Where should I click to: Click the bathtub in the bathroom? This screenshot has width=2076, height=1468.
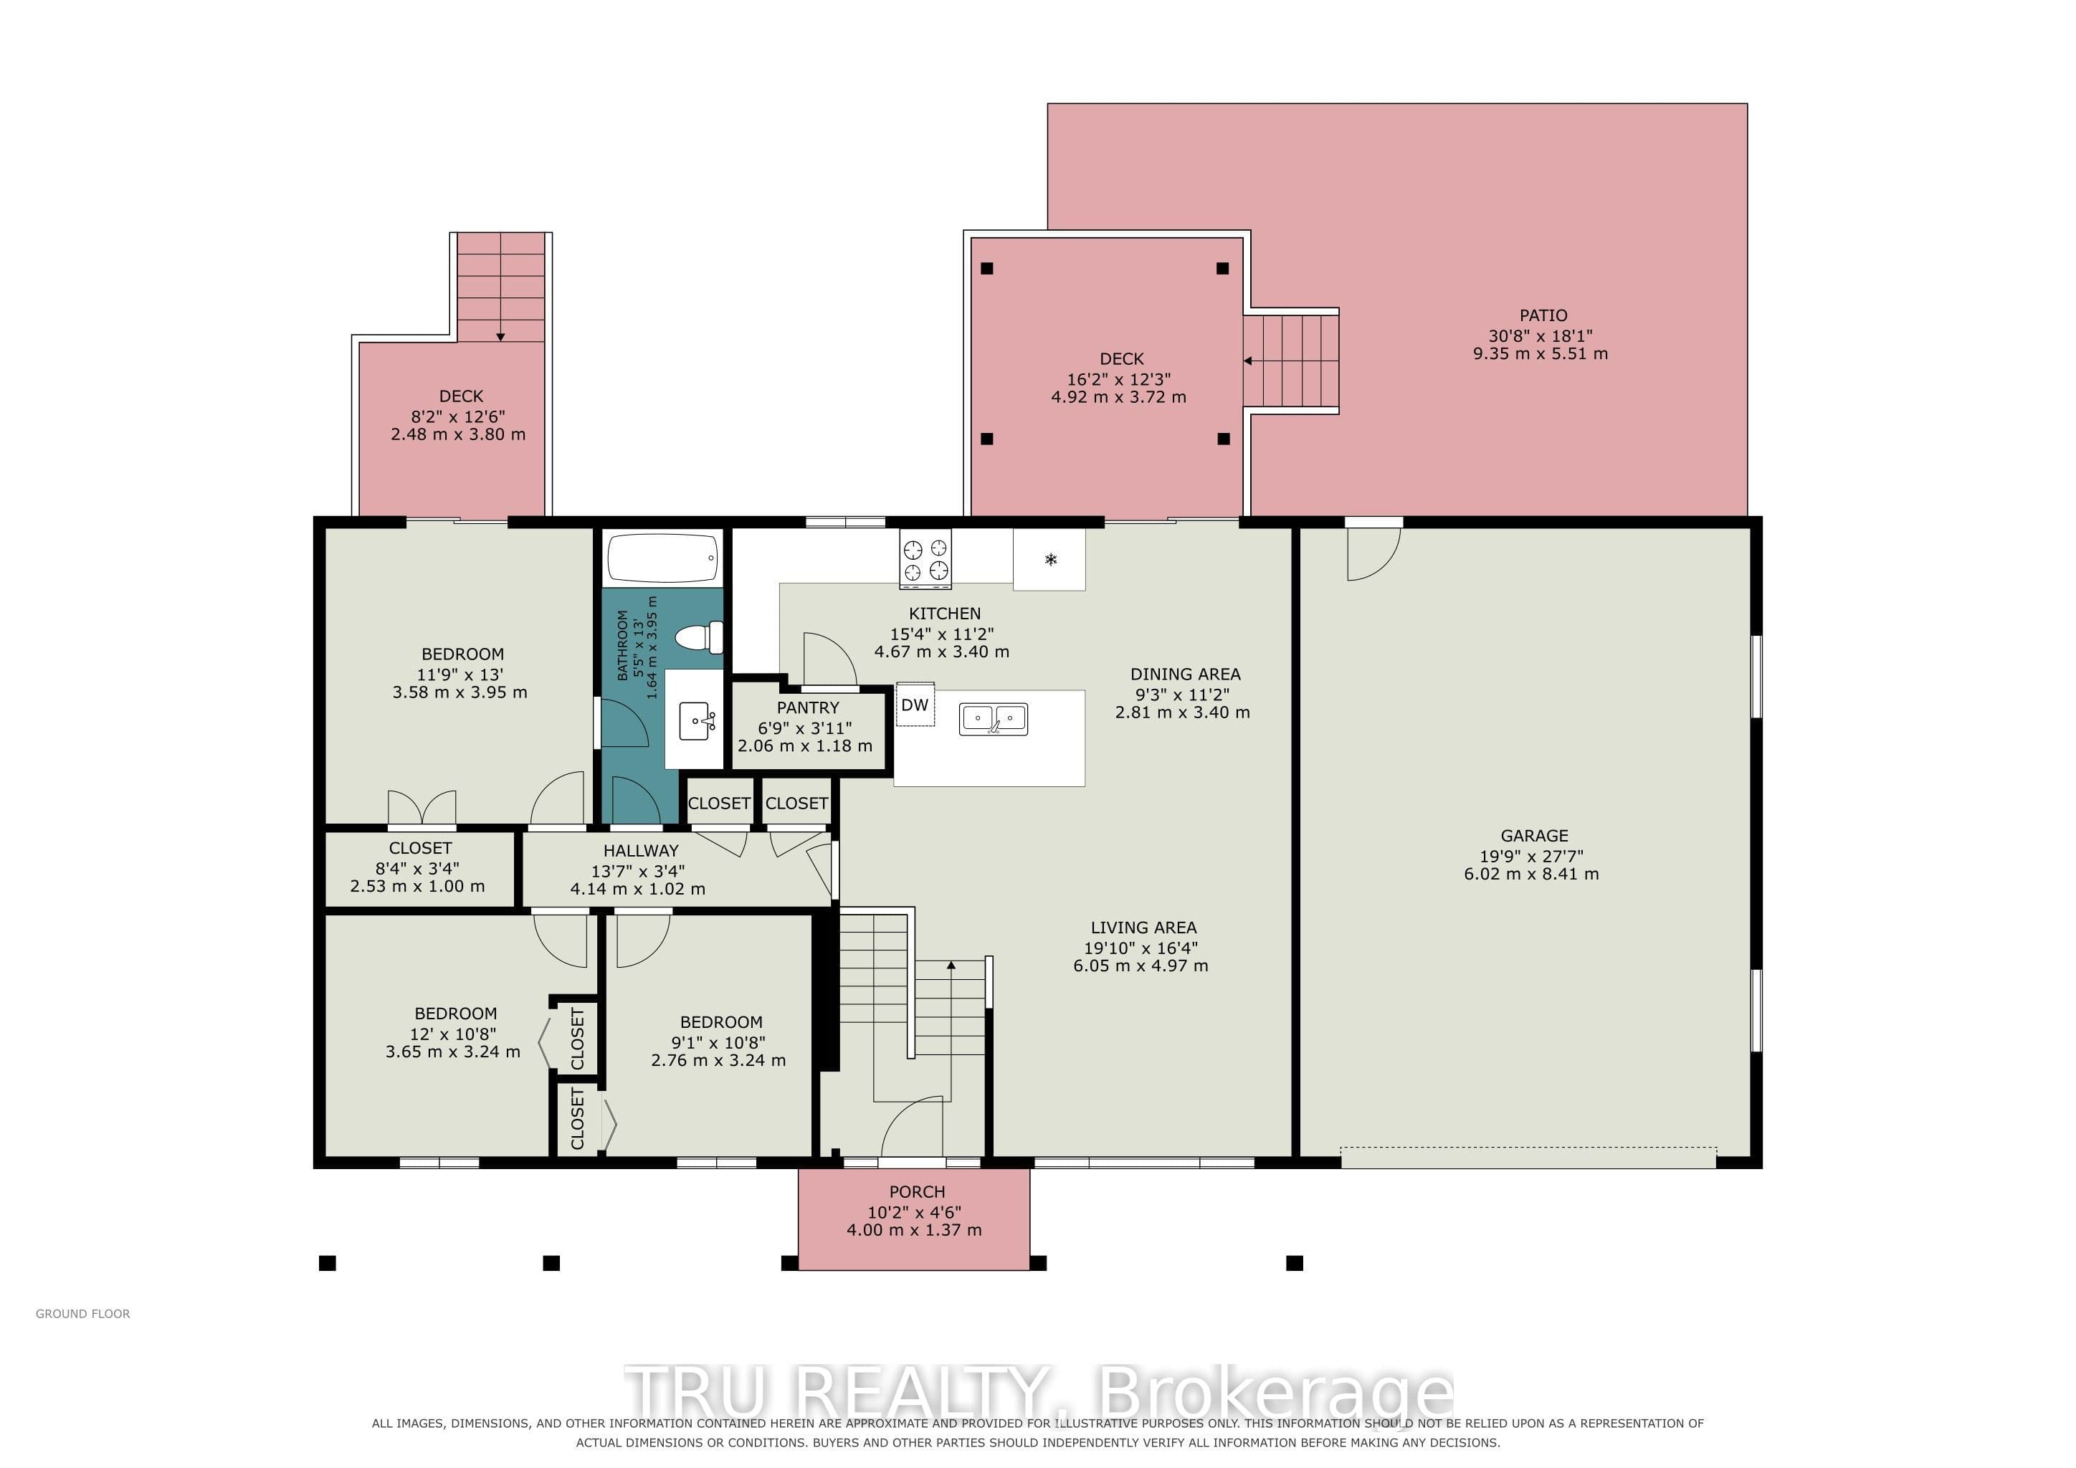[663, 558]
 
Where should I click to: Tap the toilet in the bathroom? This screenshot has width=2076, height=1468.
[700, 637]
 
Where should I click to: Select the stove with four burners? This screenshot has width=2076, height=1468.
[925, 558]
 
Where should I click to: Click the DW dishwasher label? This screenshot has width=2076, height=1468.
[915, 705]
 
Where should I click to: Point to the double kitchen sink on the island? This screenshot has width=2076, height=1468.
[993, 720]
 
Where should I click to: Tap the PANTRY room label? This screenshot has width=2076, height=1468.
[807, 707]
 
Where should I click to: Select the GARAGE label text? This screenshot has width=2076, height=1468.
[1534, 837]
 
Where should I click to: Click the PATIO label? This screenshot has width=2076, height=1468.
[1543, 315]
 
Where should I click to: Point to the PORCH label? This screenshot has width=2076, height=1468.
[917, 1192]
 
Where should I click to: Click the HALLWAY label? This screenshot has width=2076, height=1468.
[640, 851]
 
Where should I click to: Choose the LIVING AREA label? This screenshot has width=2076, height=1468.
[1143, 928]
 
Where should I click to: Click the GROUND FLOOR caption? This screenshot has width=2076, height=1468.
[83, 1313]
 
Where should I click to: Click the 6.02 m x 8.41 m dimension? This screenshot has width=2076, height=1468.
[1532, 874]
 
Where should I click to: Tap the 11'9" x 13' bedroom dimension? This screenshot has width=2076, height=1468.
[460, 675]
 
